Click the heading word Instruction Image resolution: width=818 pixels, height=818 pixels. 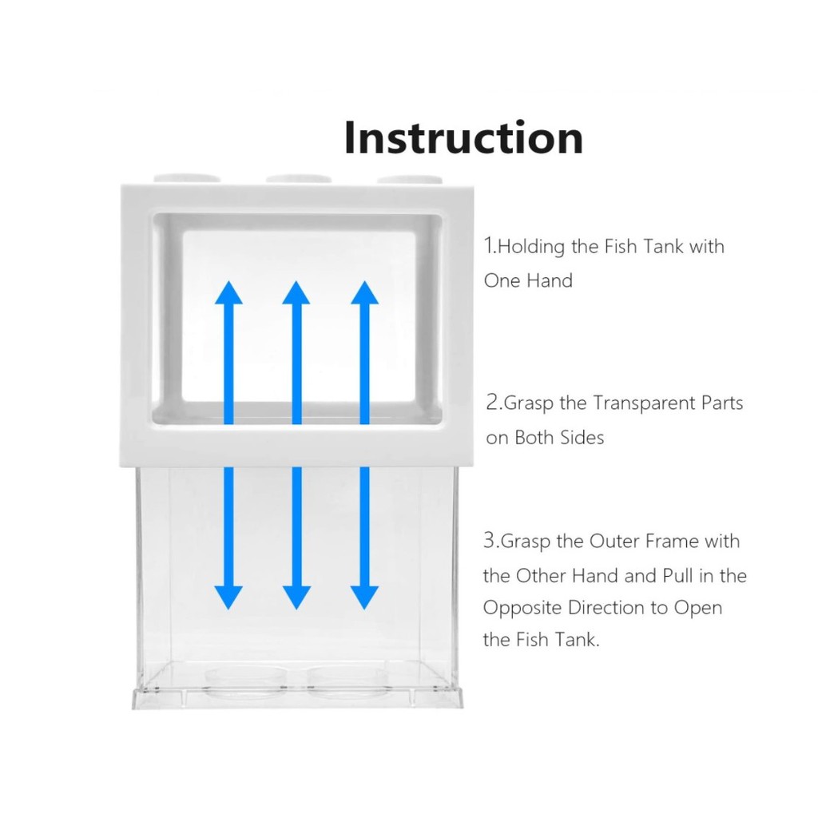(463, 137)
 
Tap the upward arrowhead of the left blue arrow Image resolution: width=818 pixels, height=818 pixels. (228, 293)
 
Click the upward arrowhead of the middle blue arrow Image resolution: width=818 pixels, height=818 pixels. (296, 293)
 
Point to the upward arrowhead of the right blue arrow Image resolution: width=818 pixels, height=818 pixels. (364, 293)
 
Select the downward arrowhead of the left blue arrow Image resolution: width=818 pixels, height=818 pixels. (228, 596)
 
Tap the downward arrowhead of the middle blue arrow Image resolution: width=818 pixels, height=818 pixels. (296, 596)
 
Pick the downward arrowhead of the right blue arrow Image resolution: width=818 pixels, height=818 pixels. (364, 596)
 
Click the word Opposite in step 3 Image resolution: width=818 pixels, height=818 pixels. (522, 608)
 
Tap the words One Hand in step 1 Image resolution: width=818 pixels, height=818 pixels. (528, 281)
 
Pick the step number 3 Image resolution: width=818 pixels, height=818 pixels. (490, 541)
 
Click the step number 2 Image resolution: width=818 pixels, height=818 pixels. (493, 403)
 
